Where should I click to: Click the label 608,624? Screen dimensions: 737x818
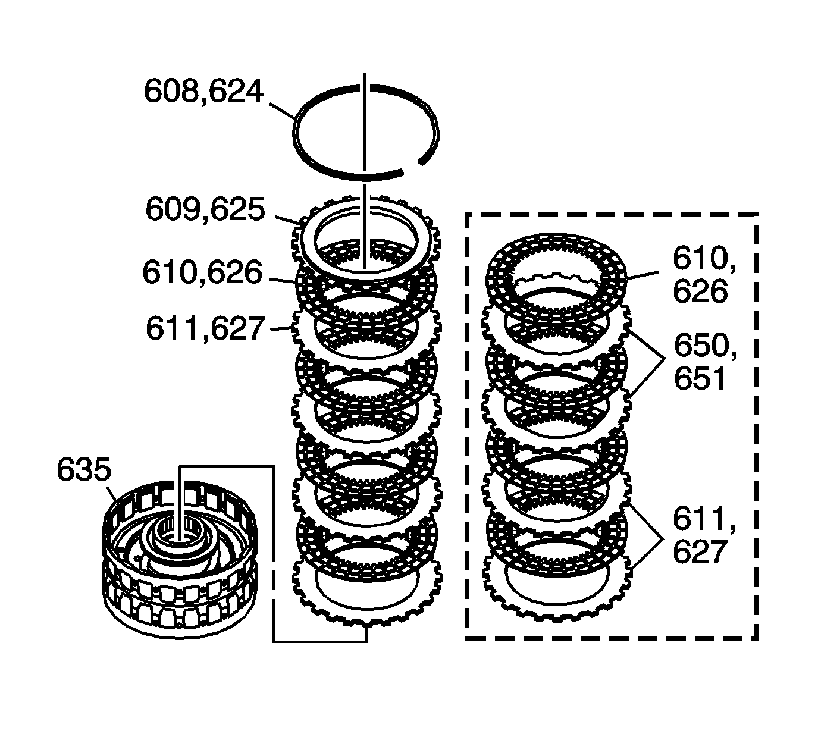pos(203,92)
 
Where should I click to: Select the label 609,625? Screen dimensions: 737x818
pos(205,210)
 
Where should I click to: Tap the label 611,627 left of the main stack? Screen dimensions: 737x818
pos(205,328)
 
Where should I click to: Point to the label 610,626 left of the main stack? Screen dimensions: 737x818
pos(202,272)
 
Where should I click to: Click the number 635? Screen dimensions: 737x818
pos(84,470)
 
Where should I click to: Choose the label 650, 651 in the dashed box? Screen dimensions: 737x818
pos(705,362)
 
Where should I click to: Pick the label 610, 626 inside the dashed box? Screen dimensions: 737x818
pos(701,275)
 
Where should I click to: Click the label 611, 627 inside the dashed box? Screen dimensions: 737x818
pos(701,535)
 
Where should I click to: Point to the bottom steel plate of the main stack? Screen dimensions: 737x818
pos(309,601)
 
